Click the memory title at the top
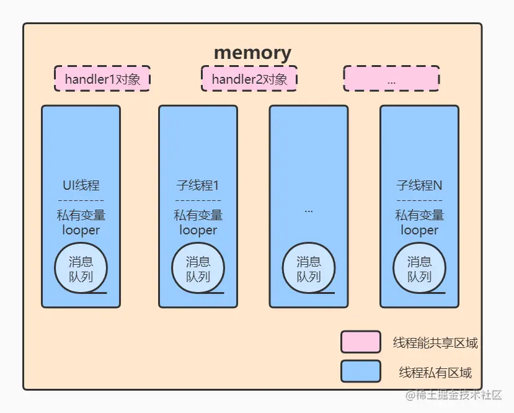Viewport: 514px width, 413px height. click(x=252, y=53)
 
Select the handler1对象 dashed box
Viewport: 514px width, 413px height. click(x=102, y=79)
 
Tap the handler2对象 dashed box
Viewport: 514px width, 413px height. click(x=249, y=79)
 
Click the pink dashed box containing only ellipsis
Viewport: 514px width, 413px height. click(x=391, y=79)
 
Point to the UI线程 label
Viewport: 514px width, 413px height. click(x=81, y=185)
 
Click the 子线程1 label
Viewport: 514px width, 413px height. click(x=198, y=185)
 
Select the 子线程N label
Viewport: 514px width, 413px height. click(x=419, y=185)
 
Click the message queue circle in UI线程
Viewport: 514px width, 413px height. click(x=81, y=269)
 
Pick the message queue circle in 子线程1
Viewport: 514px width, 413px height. click(x=198, y=269)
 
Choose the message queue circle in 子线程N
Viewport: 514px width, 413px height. click(x=419, y=269)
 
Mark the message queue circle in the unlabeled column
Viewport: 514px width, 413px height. click(x=309, y=269)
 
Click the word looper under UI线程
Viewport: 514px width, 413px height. click(x=81, y=230)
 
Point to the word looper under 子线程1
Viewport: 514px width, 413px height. click(x=198, y=230)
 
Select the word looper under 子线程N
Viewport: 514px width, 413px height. click(x=419, y=230)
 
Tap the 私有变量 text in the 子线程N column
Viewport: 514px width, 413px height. click(x=419, y=215)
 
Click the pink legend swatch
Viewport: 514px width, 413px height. click(x=360, y=342)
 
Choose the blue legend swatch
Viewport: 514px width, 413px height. click(x=360, y=371)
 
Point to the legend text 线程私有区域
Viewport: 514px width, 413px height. click(x=435, y=373)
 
